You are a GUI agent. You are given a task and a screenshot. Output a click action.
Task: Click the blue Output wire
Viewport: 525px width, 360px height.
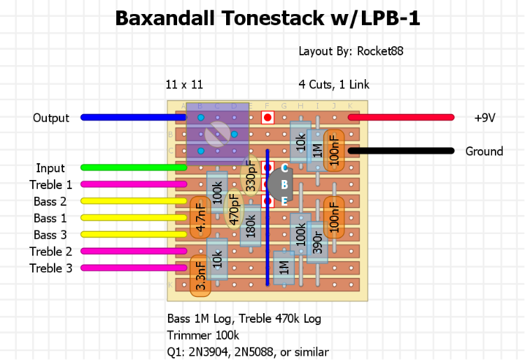pos(133,117)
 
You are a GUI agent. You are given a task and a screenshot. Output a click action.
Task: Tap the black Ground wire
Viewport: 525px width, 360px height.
pos(399,151)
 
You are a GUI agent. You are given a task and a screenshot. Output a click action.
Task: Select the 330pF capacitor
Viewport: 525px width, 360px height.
pos(250,176)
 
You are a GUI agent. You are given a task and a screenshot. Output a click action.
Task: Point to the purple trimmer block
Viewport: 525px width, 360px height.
pos(218,133)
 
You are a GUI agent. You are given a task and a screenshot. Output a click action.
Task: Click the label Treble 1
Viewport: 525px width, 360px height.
pos(51,185)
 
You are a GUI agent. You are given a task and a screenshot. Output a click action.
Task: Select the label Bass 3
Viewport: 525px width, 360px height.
pos(50,235)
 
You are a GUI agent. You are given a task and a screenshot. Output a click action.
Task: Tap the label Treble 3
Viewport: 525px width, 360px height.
pos(51,268)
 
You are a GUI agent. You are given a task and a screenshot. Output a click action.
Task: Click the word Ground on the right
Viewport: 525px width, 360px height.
pos(484,151)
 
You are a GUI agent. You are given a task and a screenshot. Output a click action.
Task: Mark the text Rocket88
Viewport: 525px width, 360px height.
pos(380,51)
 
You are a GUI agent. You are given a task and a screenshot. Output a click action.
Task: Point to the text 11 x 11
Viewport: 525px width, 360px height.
pos(184,85)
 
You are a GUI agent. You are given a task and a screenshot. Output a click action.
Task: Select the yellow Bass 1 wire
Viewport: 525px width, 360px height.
pos(133,218)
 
